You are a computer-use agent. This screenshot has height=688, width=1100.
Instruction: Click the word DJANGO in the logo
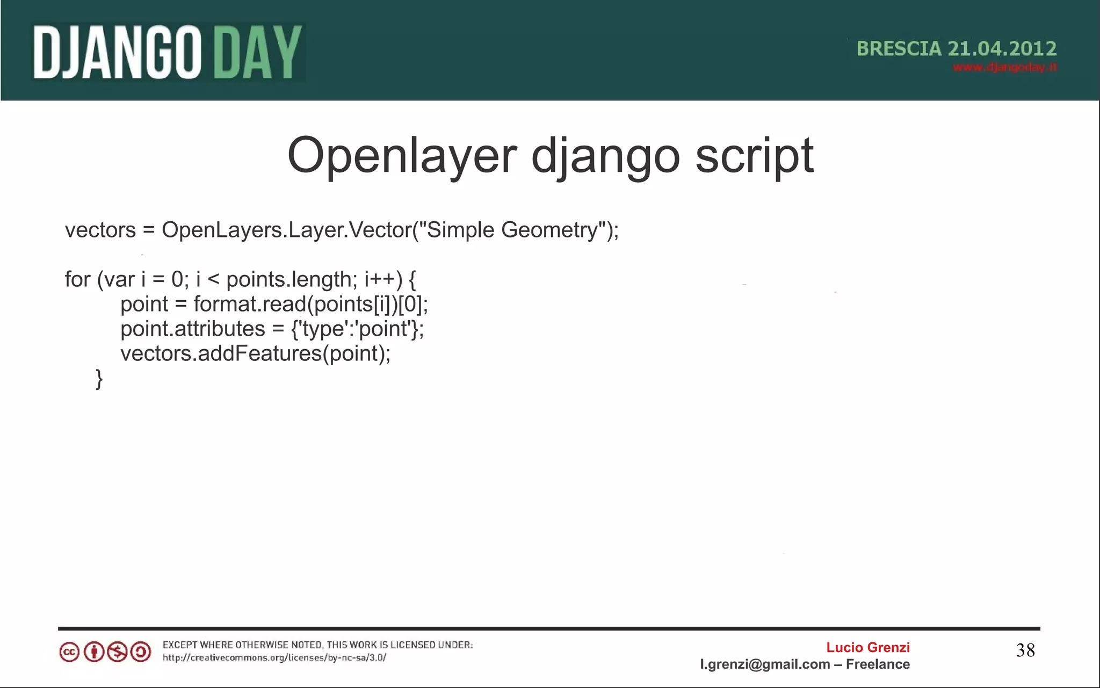pos(117,53)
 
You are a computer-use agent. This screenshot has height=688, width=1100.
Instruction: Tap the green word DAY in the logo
pos(258,53)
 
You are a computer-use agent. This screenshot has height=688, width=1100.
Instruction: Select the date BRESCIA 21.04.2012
pos(956,49)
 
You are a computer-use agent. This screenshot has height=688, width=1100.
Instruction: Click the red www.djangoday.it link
pos(1004,67)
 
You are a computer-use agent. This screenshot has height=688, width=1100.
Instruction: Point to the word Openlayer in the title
pos(402,156)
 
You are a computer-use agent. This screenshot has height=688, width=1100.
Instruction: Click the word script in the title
pos(755,156)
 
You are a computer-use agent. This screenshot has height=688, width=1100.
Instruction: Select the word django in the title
pos(606,156)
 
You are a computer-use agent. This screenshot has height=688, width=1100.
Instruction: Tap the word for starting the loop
pos(77,279)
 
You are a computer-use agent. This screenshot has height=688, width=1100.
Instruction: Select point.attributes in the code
pos(193,329)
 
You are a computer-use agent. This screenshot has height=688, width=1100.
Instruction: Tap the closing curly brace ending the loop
pos(99,379)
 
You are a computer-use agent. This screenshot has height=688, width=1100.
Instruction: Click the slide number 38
pos(1025,650)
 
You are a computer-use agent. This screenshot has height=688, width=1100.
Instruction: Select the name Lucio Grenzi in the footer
pos(867,647)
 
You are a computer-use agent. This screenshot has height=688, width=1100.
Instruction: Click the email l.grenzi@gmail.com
pos(765,664)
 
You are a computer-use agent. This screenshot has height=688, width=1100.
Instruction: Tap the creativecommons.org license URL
pos(274,657)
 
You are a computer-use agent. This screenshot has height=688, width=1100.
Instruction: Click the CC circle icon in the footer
pos(69,652)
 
